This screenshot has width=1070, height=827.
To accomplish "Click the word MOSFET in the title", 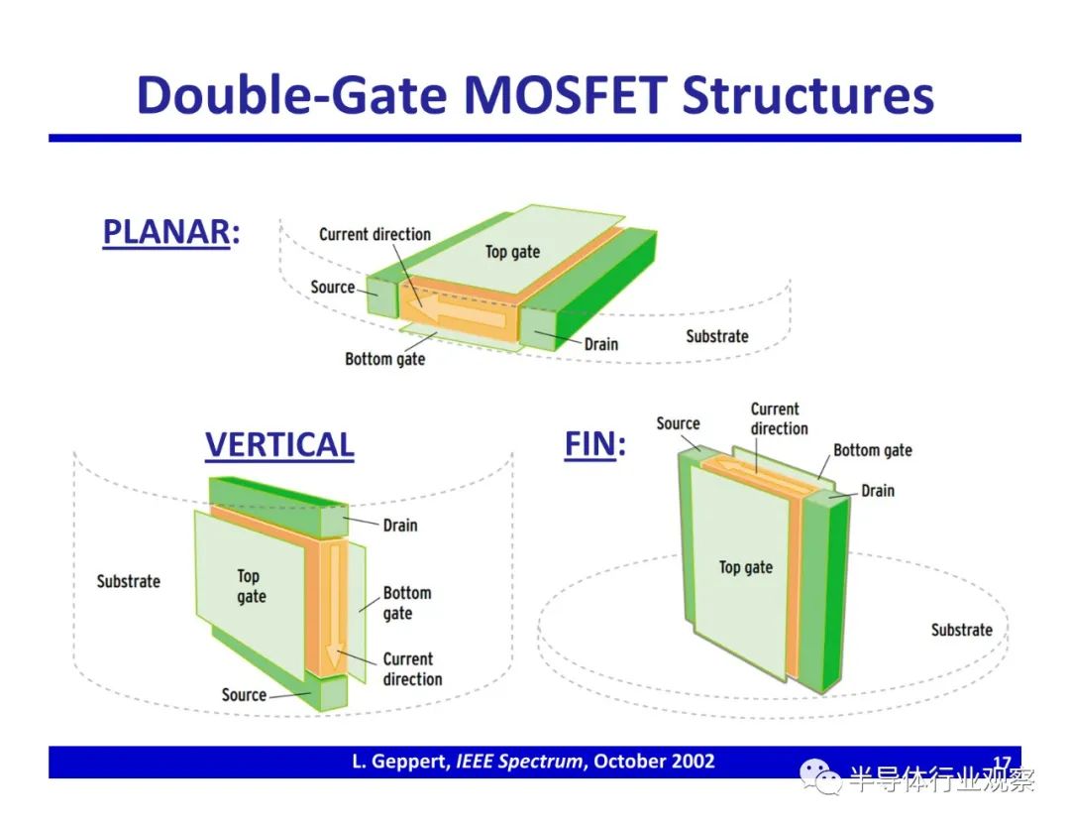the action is point(565,94).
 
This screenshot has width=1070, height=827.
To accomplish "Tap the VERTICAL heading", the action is point(279,445).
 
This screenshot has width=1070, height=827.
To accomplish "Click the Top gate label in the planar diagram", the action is point(512,252).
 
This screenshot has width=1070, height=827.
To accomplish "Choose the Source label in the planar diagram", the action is point(332,287).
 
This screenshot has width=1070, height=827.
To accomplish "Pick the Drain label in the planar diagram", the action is point(601,344).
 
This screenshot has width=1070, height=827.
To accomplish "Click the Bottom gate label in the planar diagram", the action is point(384,359).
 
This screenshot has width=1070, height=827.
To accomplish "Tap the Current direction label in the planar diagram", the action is point(374,234).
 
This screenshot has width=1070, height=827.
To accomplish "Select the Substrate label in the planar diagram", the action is point(717,336).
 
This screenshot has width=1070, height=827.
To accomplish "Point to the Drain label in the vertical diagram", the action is point(400,526).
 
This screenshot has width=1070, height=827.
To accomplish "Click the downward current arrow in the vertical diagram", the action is point(335,607).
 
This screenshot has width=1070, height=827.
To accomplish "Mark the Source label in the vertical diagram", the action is point(244,694).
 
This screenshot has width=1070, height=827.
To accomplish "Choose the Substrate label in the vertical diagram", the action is point(128,581).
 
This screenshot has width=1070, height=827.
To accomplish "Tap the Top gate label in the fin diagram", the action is point(746,567).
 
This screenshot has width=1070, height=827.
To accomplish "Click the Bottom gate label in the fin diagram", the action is point(873,451).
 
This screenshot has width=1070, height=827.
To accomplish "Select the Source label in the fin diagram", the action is point(679,423).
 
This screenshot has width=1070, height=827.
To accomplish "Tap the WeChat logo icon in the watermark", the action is point(820,777).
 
